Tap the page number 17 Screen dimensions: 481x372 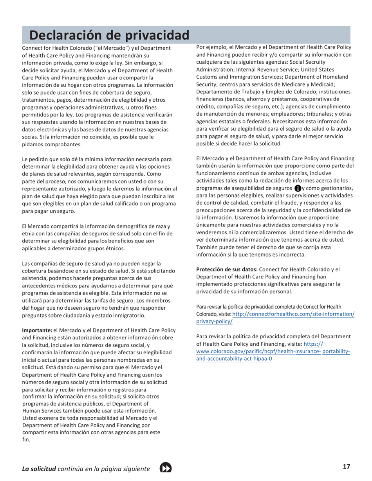(346, 466)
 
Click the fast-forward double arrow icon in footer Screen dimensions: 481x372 (166, 468)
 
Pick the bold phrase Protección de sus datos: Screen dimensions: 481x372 (227, 269)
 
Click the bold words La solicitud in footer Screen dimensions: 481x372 (39, 468)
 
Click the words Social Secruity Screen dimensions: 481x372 (330, 62)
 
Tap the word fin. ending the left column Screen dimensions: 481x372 (26, 439)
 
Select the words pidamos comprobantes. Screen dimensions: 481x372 (52, 144)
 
